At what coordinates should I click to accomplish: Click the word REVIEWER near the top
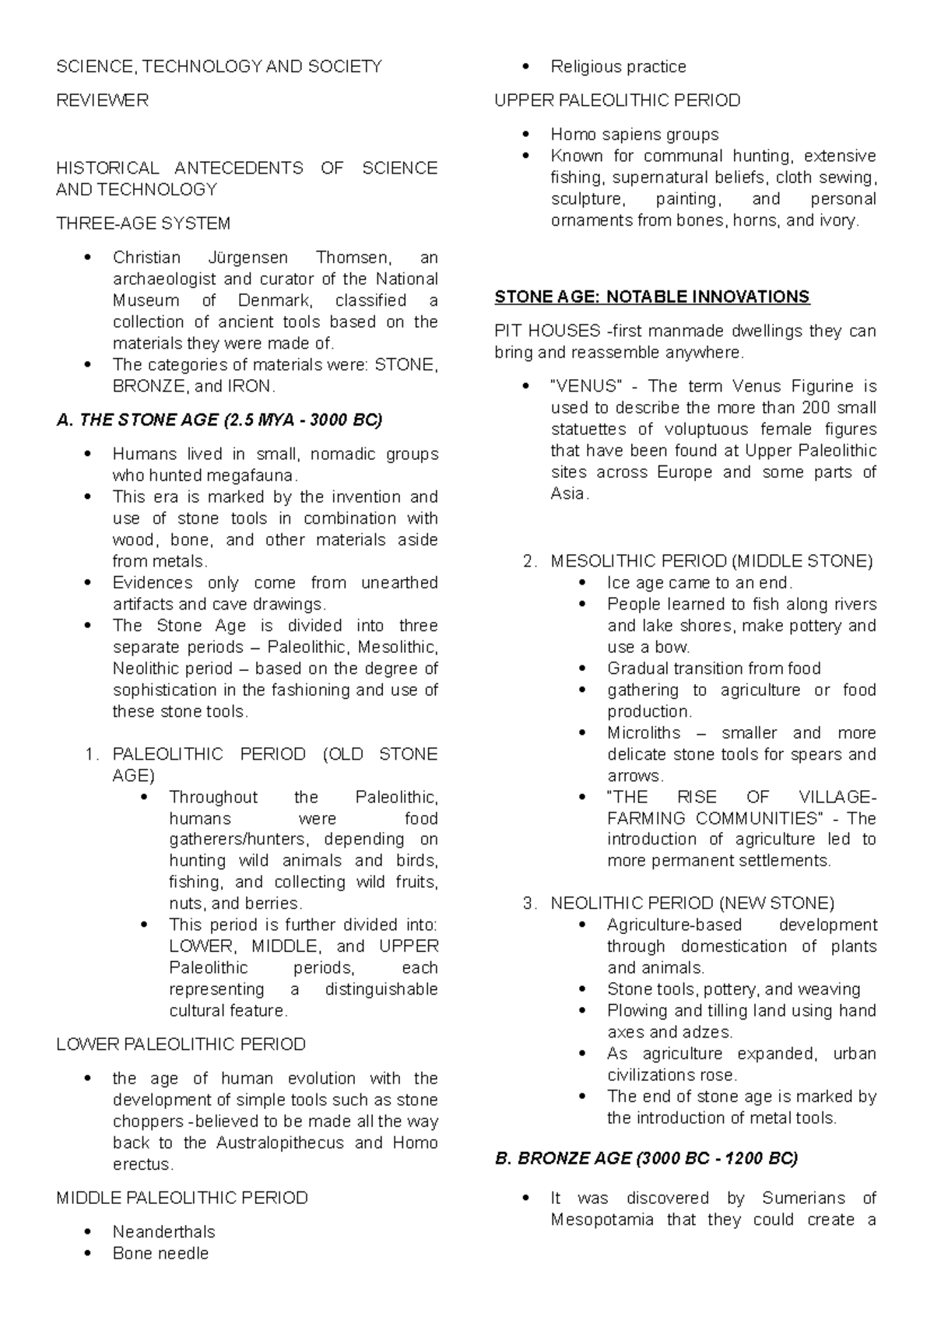(102, 100)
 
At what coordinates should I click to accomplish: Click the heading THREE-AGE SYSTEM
(143, 223)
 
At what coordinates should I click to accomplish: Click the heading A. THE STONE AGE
(219, 421)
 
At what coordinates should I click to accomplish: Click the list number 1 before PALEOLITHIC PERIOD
(91, 754)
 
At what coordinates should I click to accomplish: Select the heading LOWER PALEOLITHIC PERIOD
(181, 1044)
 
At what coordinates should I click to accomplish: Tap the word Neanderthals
(163, 1232)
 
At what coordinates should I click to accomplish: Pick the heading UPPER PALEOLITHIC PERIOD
(617, 100)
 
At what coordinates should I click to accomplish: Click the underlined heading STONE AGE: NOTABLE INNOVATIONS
(652, 297)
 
